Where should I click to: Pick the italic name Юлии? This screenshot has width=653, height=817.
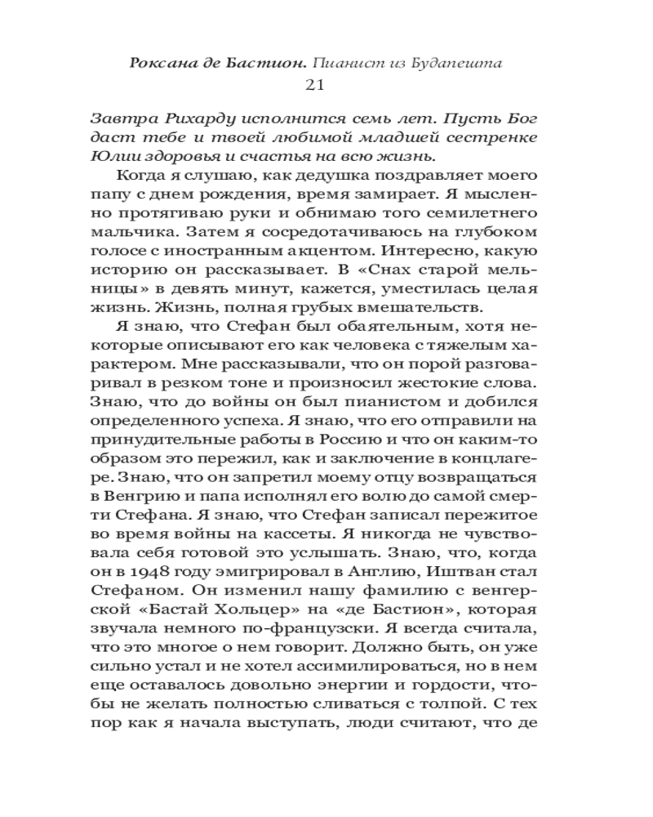[x=113, y=155]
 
